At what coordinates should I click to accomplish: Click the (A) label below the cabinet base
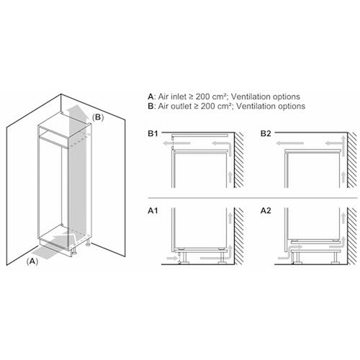point(32,262)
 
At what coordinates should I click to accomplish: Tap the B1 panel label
point(153,134)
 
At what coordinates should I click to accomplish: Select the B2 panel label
point(266,134)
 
